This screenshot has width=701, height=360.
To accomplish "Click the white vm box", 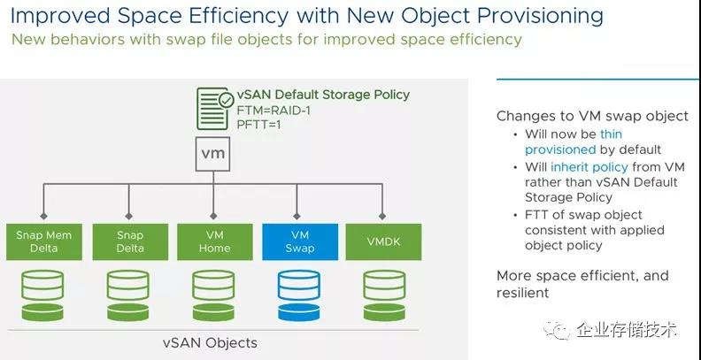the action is (212, 154).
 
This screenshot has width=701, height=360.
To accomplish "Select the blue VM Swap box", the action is (300, 241).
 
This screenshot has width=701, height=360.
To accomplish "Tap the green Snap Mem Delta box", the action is (44, 241).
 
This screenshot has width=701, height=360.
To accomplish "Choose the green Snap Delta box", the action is (130, 241).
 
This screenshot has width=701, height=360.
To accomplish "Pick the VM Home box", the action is (214, 241).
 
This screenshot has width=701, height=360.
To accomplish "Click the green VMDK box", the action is (383, 241).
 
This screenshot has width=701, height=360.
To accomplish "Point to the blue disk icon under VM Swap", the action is (298, 295).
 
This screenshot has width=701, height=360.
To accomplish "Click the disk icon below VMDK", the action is (384, 295).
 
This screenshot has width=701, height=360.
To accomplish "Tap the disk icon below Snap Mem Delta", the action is (42, 295).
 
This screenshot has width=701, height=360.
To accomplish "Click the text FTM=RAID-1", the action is (273, 110).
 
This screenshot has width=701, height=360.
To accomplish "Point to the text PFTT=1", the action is (258, 124).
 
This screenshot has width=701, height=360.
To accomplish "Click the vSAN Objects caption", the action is (210, 342).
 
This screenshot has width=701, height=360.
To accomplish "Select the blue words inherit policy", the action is (589, 167).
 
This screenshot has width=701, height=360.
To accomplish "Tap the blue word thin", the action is (611, 134).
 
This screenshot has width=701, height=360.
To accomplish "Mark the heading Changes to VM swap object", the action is (592, 116).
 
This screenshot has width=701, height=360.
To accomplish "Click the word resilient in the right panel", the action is (522, 292).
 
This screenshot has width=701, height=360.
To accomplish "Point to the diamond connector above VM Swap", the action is (297, 216).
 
